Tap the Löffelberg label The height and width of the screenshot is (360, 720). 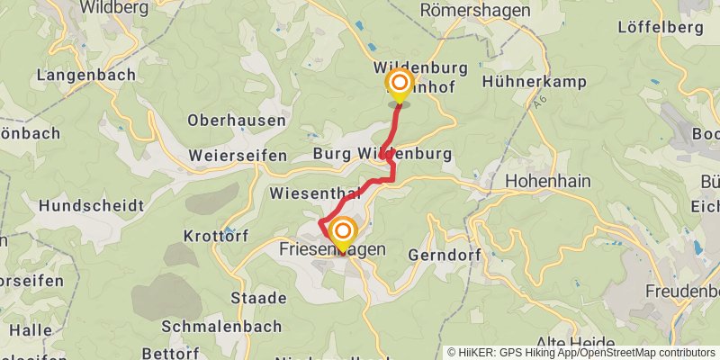click(660, 27)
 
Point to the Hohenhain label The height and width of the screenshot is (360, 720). click(547, 181)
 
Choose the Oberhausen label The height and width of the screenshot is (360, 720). click(237, 120)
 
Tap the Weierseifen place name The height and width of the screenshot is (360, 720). click(238, 156)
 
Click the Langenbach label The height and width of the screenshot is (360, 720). click(86, 75)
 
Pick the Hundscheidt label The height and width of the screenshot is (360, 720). click(90, 206)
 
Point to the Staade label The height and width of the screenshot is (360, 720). click(246, 298)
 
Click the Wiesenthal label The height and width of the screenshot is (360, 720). click(315, 193)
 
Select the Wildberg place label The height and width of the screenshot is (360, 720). click(114, 8)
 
